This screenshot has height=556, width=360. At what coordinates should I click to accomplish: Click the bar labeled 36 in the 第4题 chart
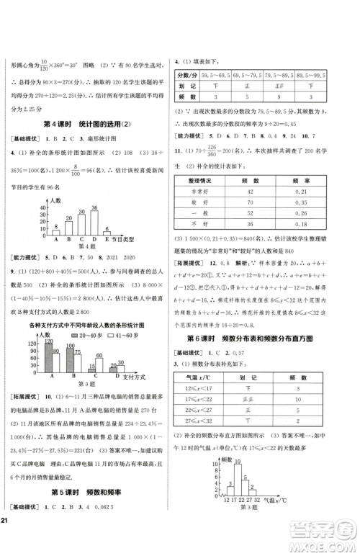pos(94,216)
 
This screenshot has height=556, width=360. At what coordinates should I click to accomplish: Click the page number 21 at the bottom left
pos(8,541)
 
